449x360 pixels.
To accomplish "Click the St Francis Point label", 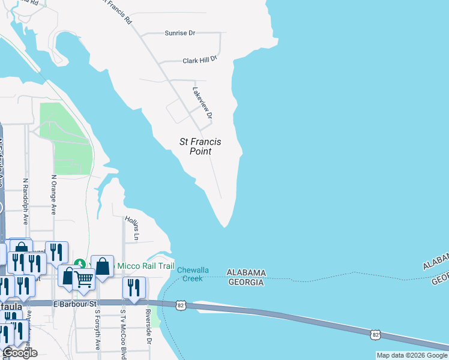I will tap(200, 146).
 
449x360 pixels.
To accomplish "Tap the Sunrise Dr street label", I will tap(180, 33).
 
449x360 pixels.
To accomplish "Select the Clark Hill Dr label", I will tap(199, 61).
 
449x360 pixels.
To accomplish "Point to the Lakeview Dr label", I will tap(202, 103).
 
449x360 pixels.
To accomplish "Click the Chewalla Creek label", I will tap(193, 274).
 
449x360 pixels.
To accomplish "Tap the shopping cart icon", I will tap(83, 278).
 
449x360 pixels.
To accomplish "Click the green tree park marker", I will tap(79, 264).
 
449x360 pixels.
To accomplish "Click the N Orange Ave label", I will tap(53, 195).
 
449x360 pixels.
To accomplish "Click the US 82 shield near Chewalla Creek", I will tap(181, 305).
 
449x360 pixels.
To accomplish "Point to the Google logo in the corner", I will tap(19, 353).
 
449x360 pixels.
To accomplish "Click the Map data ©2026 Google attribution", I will tap(412, 355).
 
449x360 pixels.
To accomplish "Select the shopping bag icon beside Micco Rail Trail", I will tap(103, 266).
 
